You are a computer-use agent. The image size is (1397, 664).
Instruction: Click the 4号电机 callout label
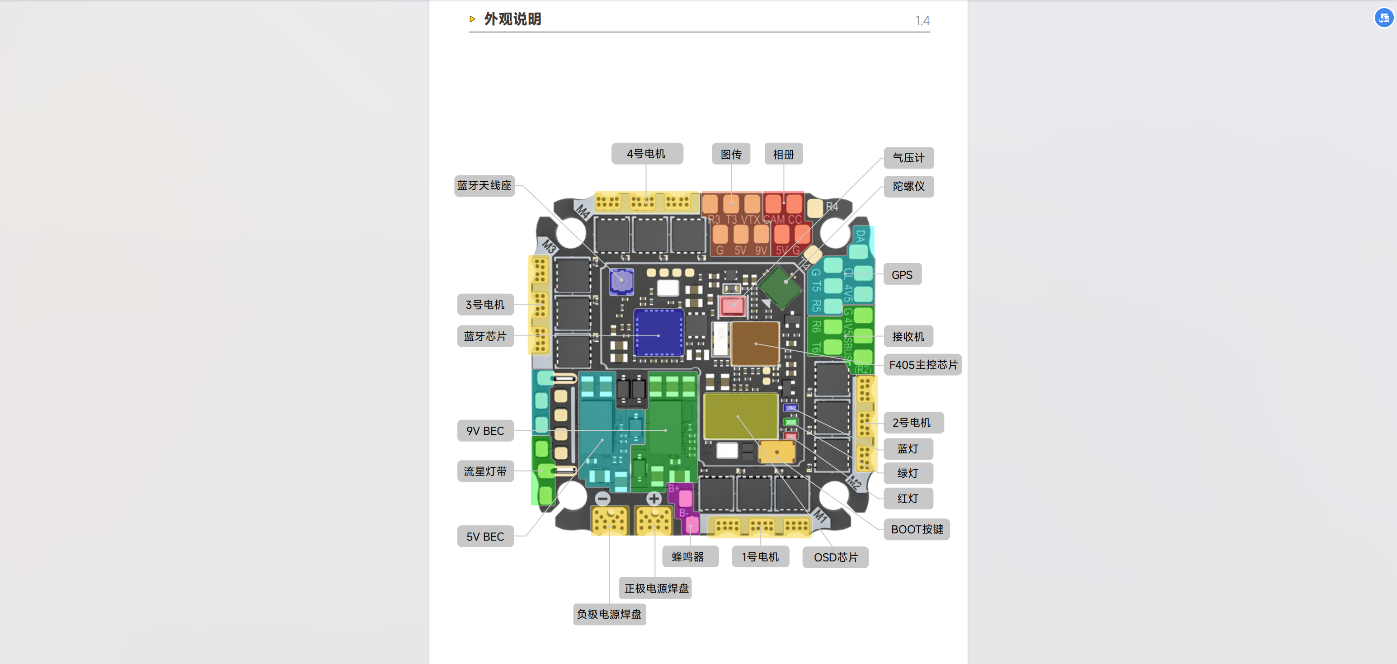pyautogui.click(x=646, y=154)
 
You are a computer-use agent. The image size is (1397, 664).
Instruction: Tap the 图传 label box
pyautogui.click(x=730, y=155)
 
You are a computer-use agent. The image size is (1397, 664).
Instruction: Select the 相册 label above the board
pyautogui.click(x=783, y=155)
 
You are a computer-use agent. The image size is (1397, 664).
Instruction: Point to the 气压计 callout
pyautogui.click(x=908, y=158)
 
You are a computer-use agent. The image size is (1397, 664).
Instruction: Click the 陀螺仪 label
pyautogui.click(x=908, y=187)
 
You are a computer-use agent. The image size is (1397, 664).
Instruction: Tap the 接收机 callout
pyautogui.click(x=908, y=337)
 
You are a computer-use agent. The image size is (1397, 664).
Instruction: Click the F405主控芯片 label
pyautogui.click(x=922, y=365)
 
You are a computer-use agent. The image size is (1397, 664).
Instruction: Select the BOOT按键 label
pyautogui.click(x=917, y=529)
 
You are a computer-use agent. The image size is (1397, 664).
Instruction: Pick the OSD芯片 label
pyautogui.click(x=835, y=558)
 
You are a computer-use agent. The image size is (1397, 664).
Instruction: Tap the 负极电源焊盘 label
pyautogui.click(x=609, y=615)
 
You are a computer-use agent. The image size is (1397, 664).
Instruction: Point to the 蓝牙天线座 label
pyautogui.click(x=484, y=185)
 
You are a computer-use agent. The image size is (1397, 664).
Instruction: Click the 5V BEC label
pyautogui.click(x=485, y=537)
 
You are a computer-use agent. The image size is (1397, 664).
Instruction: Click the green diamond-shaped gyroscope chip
pyautogui.click(x=780, y=287)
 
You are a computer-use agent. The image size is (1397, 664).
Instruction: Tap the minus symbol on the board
pyautogui.click(x=602, y=499)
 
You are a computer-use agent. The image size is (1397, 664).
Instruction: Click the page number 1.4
pyautogui.click(x=922, y=21)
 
